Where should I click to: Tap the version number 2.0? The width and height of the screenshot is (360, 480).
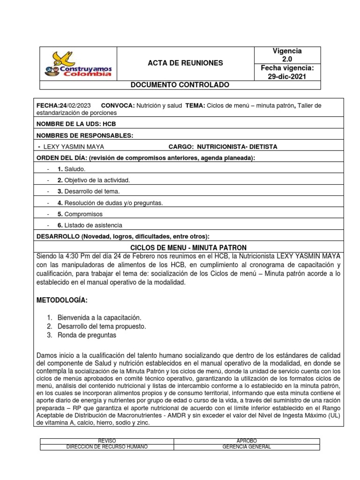point(287,60)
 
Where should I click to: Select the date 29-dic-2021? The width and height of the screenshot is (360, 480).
point(287,77)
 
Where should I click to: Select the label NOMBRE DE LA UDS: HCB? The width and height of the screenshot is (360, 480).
point(76,124)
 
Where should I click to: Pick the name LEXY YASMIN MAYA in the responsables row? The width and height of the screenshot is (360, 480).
point(74,147)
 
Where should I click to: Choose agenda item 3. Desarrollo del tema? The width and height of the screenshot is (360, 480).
point(89,191)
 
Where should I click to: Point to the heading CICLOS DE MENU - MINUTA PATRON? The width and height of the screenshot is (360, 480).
point(188,247)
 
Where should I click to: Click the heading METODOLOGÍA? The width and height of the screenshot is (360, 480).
point(62,300)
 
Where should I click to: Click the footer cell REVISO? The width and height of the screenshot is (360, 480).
point(107,441)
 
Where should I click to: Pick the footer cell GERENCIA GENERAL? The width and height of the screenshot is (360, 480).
point(247,447)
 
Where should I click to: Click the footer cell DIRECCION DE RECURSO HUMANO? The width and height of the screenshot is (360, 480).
point(107,447)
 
